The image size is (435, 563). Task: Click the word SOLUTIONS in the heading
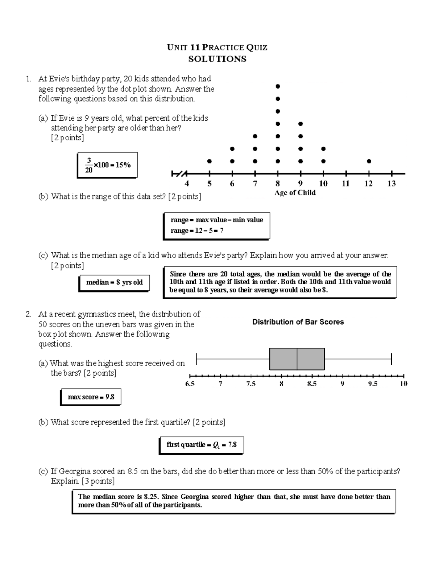tap(217, 59)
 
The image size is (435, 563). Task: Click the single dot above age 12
tap(369, 161)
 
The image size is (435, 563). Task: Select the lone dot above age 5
tap(209, 161)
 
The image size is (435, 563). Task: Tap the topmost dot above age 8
tap(278, 86)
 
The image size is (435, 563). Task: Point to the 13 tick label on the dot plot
tap(391, 184)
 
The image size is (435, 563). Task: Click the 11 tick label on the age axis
tap(346, 184)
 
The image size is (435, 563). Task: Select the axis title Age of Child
tap(295, 193)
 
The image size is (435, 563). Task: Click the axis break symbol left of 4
tap(179, 174)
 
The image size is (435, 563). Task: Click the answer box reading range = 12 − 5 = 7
tap(216, 225)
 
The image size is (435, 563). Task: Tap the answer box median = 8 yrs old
tap(114, 282)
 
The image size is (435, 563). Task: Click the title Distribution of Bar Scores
tap(298, 322)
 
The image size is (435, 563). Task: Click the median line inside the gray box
tap(297, 359)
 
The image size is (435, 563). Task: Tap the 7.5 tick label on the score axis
tap(251, 384)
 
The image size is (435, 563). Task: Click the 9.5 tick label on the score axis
tap(373, 384)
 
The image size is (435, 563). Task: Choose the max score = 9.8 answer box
tap(91, 397)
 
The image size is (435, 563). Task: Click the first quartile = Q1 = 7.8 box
tap(201, 445)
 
